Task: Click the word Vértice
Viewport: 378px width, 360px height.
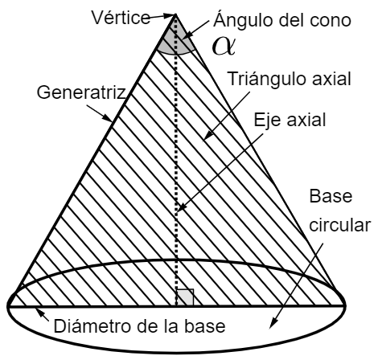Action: (x=121, y=18)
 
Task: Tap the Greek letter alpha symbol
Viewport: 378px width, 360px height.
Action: (x=224, y=46)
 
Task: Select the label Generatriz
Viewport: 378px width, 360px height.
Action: (x=81, y=92)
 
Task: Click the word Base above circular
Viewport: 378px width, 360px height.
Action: (x=331, y=196)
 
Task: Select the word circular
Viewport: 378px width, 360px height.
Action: (x=340, y=225)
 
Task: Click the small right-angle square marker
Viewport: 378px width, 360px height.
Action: (x=185, y=297)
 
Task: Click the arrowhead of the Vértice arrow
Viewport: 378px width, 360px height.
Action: (x=171, y=16)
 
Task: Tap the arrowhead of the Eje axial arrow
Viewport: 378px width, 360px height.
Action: (x=181, y=207)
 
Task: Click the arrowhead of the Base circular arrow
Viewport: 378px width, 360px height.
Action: (x=272, y=323)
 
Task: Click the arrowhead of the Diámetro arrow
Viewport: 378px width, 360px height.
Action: (x=39, y=312)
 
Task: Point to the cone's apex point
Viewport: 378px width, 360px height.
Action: (x=175, y=14)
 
